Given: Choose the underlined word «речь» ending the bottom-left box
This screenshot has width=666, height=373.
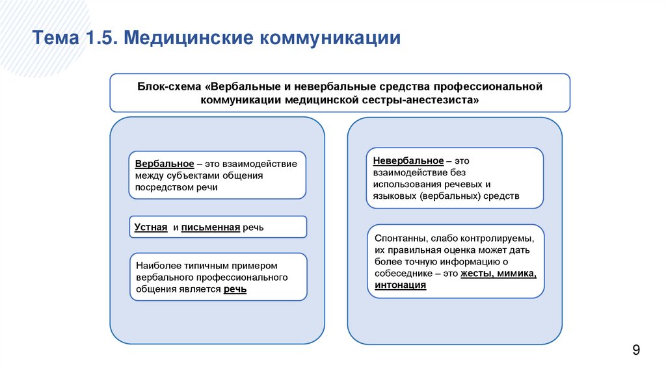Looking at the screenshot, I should point(235,289).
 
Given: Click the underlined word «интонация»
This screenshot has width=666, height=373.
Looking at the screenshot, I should point(400,285).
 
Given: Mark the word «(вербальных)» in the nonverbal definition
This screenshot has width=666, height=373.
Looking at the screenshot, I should point(451,195).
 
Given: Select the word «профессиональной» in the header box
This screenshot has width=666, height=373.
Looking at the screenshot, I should point(497,86).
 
